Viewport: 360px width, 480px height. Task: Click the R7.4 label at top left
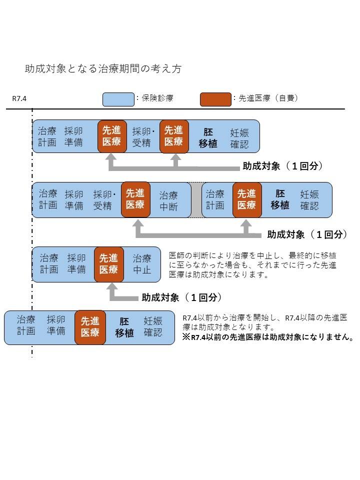pos(19,98)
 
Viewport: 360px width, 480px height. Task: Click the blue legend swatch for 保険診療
pos(118,99)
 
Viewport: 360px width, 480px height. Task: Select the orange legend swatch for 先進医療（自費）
pos(215,99)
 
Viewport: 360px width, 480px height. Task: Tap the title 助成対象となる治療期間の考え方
pos(103,68)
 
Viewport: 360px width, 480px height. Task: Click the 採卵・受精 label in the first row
pos(143,137)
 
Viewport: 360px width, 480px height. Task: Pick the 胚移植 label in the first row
pos(208,137)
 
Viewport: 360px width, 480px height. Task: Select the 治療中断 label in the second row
pos(168,201)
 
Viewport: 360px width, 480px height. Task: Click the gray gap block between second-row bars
pos(196,200)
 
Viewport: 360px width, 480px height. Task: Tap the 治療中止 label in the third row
pos(141,264)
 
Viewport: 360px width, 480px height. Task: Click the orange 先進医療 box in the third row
pos(109,264)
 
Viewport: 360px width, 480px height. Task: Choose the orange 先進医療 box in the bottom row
pos(90,327)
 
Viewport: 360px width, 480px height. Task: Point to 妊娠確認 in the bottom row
pos(153,326)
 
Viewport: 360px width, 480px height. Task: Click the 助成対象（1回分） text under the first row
pos(282,166)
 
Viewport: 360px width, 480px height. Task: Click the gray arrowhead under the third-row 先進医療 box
pos(112,287)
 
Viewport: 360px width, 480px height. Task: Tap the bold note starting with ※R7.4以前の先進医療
pos(268,337)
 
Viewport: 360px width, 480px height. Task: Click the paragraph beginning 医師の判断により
pos(252,265)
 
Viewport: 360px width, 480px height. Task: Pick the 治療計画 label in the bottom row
pos(25,325)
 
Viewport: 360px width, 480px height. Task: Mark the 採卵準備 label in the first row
pos(73,136)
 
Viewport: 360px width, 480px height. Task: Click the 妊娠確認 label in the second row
pos(309,200)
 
